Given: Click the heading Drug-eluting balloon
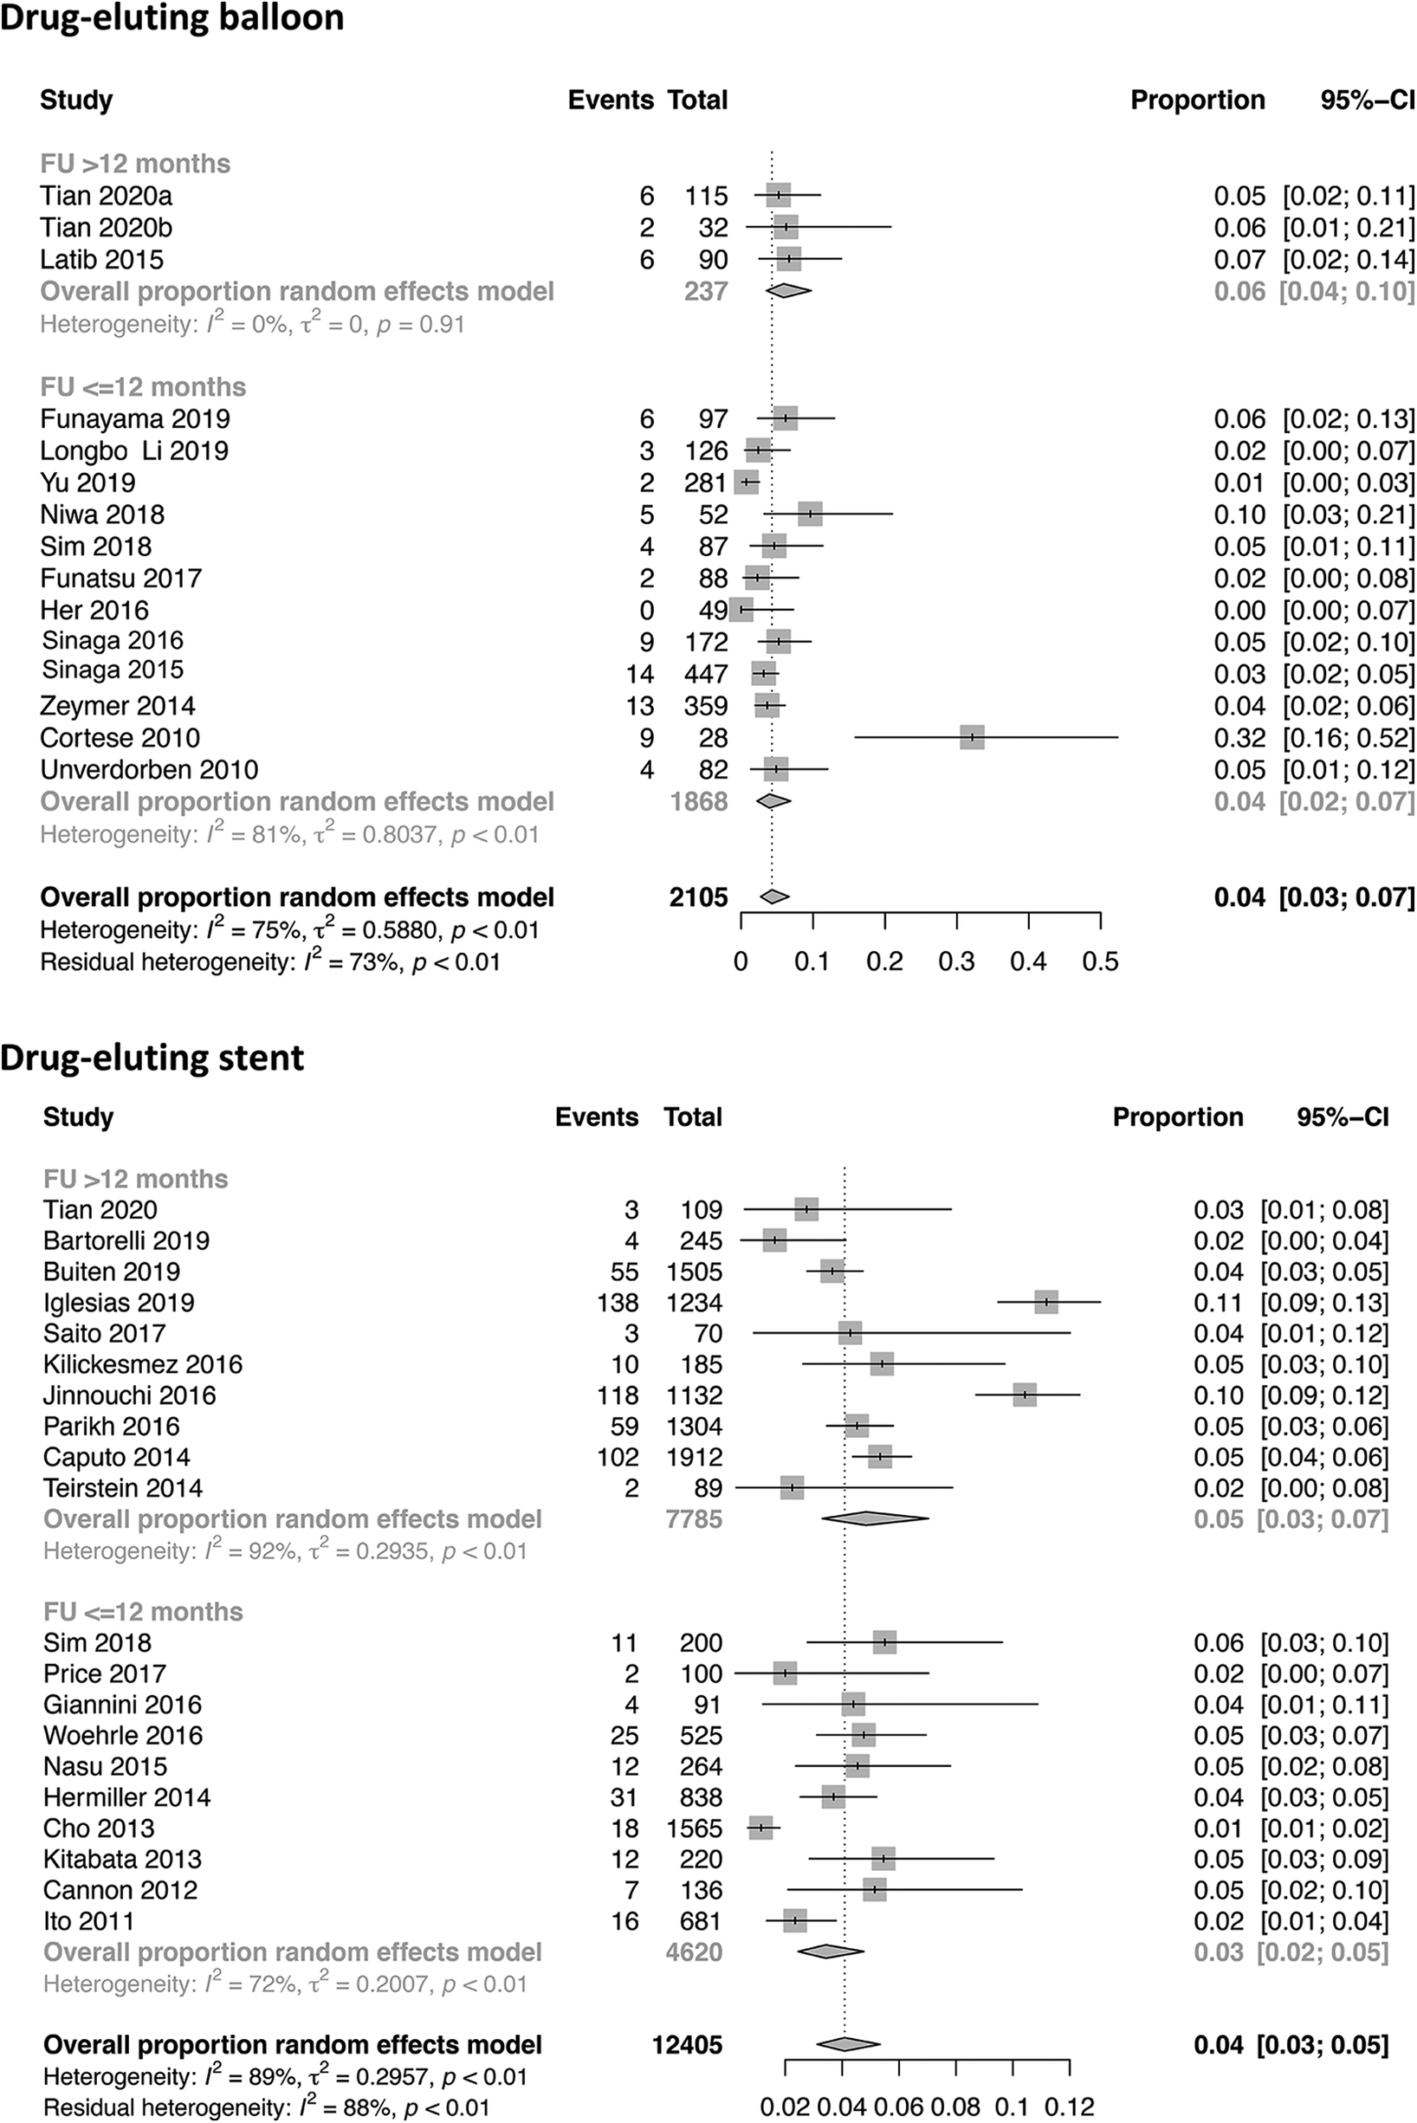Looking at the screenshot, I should tap(171, 18).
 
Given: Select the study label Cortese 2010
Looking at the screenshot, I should tap(120, 737).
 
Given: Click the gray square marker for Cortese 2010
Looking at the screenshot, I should tap(973, 737).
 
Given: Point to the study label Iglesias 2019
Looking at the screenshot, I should tap(119, 1303).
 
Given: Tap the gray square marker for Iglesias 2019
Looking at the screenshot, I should tap(1046, 1303).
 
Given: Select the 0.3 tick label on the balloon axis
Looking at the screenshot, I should tap(956, 961).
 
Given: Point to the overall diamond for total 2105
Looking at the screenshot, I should tap(774, 896).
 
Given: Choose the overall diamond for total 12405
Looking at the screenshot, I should tap(847, 2044).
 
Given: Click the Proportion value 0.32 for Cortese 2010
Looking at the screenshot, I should tap(1240, 737).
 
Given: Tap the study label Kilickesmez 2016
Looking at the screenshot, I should tap(143, 1364).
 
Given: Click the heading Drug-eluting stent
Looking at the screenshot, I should tap(152, 1058).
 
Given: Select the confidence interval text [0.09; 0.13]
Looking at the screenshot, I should tap(1325, 1303).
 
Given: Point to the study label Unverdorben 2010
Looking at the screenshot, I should tap(149, 770).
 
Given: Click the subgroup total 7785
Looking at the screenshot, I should tap(693, 1518).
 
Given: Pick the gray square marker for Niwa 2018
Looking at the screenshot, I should tap(811, 515).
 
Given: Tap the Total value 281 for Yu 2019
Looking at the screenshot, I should tap(706, 482).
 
